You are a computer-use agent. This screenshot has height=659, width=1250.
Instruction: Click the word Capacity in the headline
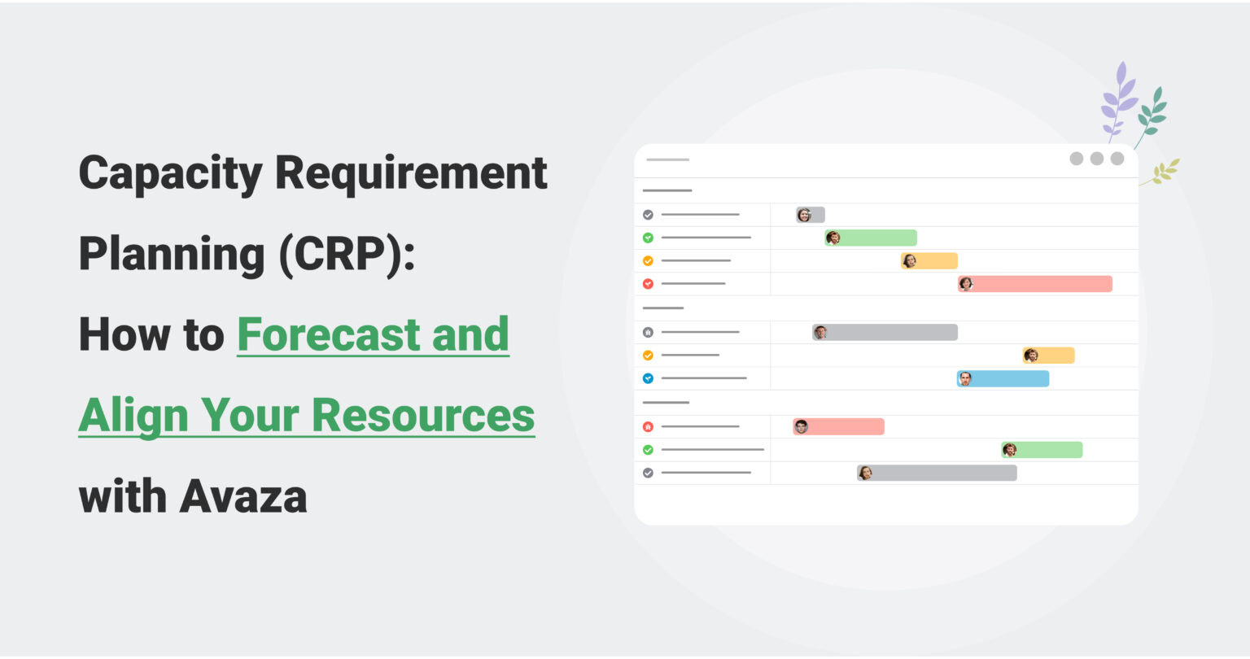[x=170, y=174]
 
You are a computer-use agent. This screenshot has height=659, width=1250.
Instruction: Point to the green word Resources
[x=423, y=415]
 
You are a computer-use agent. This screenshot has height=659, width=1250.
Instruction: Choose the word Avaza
[x=243, y=496]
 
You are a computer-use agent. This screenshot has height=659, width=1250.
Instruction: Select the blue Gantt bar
[x=1003, y=379]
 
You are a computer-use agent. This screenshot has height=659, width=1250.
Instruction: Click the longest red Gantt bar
[x=1034, y=284]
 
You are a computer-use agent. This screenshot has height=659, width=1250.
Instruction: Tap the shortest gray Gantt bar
[x=811, y=215]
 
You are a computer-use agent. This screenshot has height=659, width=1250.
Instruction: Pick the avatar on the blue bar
[x=965, y=379]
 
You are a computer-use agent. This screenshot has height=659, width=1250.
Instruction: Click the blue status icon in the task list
[x=648, y=378]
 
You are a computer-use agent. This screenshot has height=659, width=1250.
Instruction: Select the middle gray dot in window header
[x=1096, y=159]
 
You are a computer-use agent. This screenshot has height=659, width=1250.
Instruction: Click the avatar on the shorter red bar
[x=802, y=426]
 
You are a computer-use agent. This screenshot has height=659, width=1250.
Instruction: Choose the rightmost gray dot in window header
[x=1117, y=159]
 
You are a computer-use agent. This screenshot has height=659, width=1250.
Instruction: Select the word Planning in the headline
[x=171, y=255]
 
